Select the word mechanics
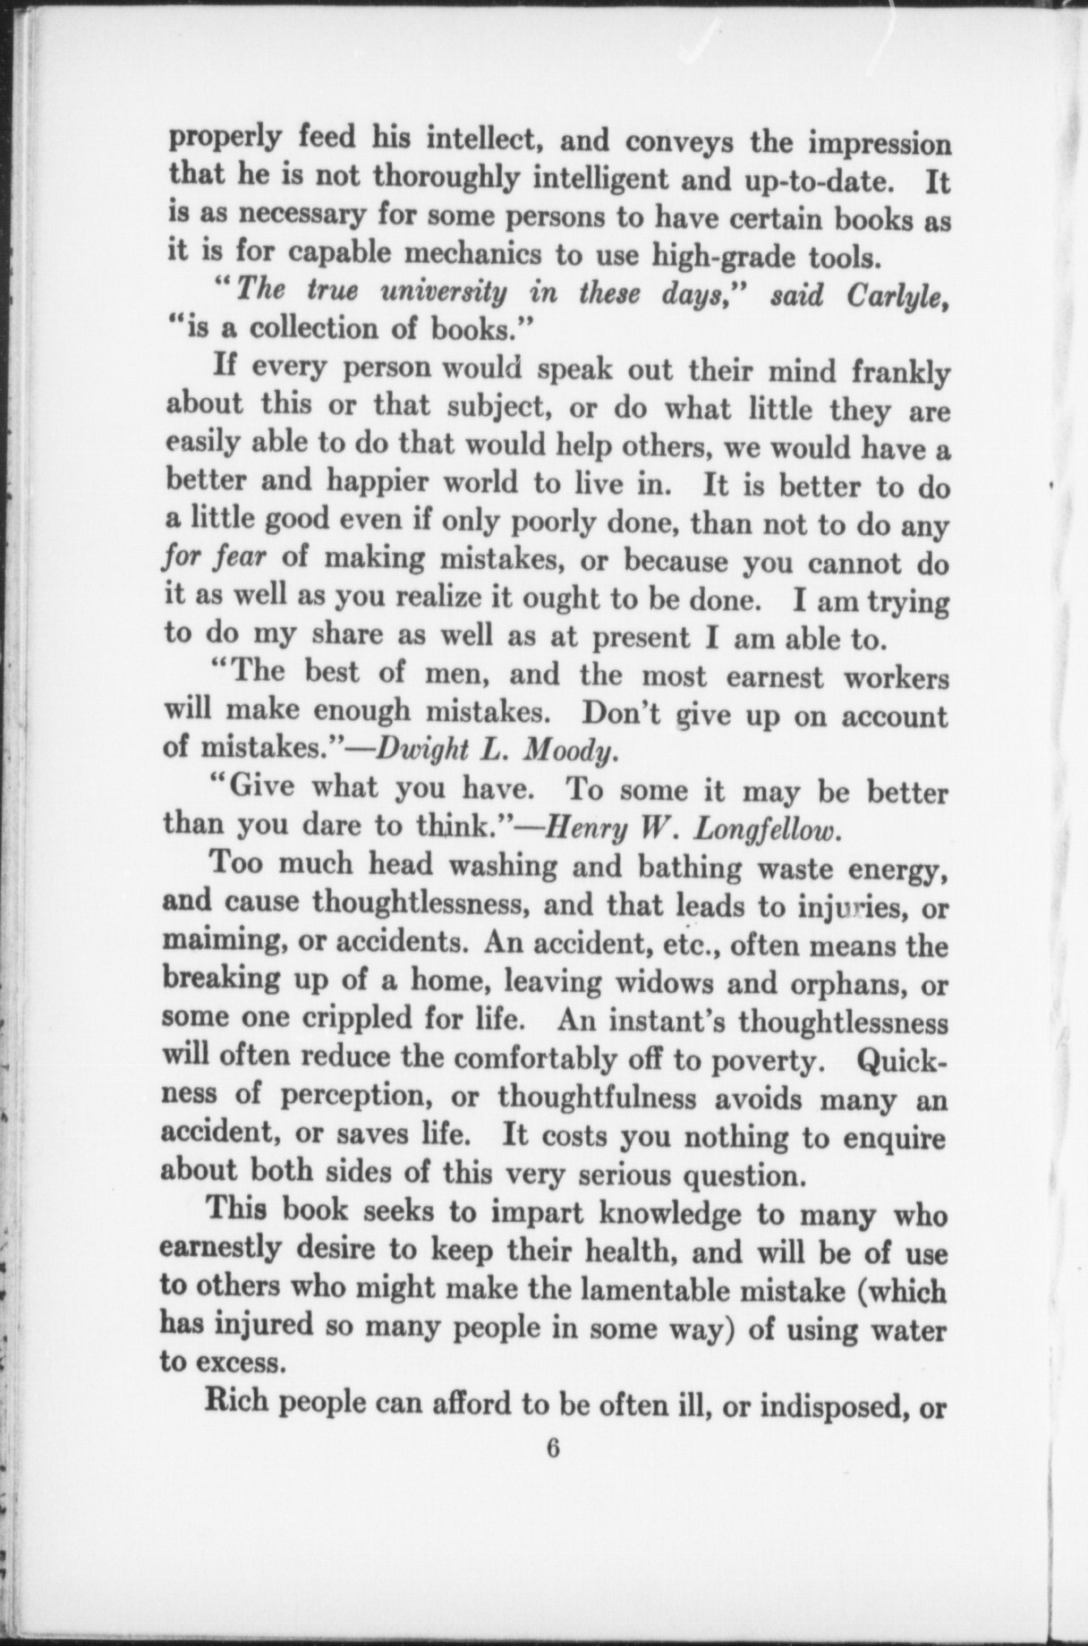[474, 256]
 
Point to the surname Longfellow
[768, 828]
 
